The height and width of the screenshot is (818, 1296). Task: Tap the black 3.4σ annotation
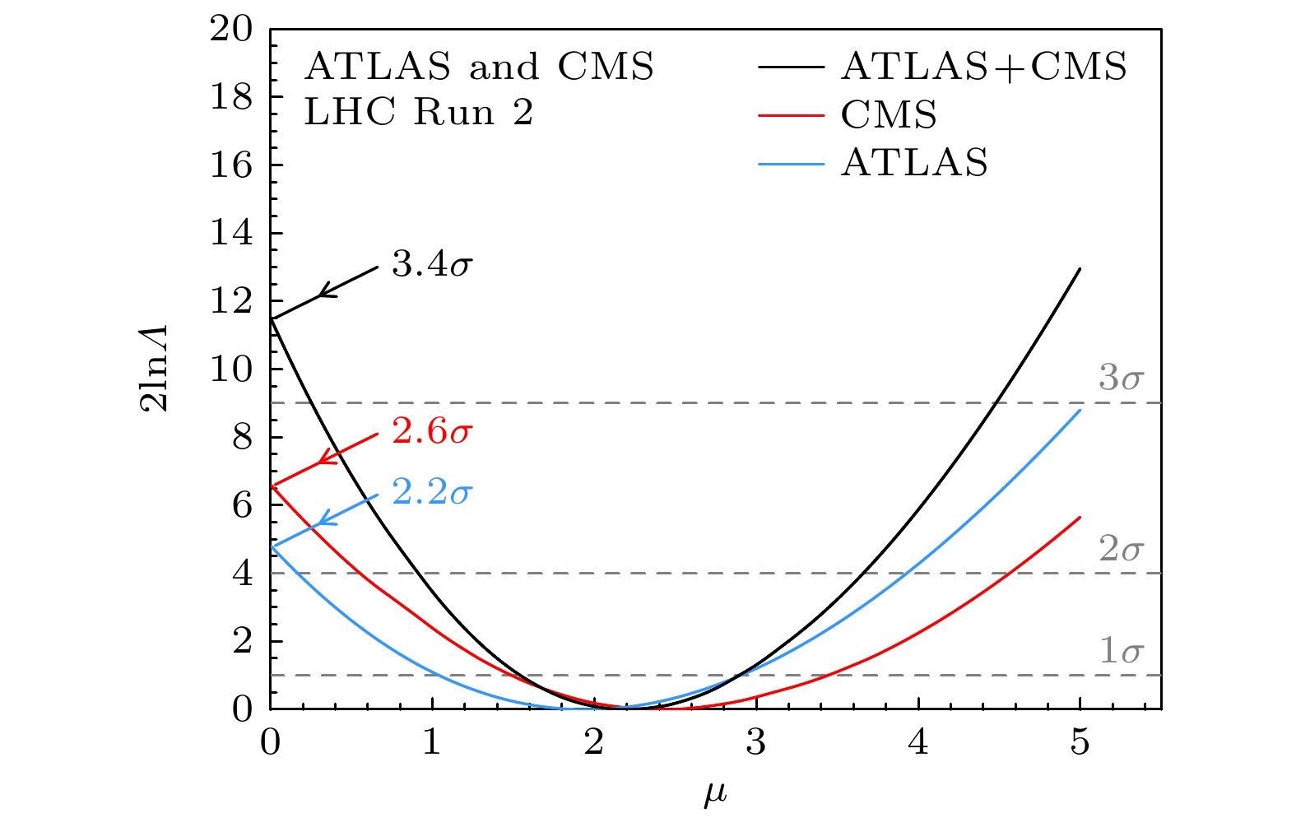point(432,265)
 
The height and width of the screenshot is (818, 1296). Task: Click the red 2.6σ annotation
point(432,432)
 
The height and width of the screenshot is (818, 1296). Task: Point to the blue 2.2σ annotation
point(432,493)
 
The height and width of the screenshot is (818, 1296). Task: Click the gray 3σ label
point(1121,379)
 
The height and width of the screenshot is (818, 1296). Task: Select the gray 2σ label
point(1121,549)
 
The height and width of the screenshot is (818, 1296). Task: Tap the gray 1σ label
point(1121,652)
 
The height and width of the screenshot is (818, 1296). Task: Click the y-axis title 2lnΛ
point(156,368)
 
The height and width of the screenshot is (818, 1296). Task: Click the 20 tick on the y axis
point(231,30)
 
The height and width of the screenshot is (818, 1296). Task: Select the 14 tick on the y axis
point(231,234)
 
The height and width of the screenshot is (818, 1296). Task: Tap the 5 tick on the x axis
point(1080,743)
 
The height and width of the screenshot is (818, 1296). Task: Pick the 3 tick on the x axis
point(755,743)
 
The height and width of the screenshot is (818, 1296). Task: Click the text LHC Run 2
point(419,113)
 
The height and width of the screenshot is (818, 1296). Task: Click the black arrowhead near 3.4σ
point(323,292)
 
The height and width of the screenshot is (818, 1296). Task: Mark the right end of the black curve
point(1080,268)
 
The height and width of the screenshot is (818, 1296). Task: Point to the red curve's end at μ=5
point(1080,517)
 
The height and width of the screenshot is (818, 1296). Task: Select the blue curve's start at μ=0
point(272,546)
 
